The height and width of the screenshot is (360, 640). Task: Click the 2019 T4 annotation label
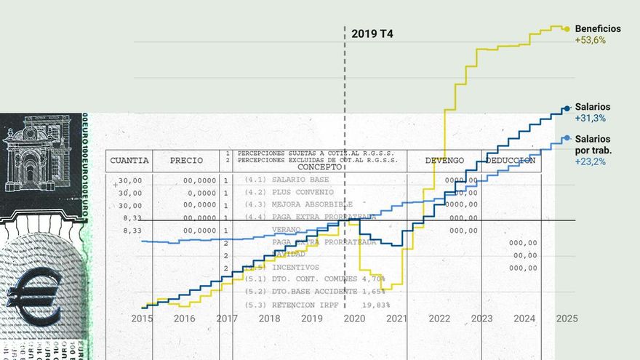pos(372,33)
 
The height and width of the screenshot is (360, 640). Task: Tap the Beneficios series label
pos(598,28)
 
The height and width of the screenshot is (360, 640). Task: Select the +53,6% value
pos(590,40)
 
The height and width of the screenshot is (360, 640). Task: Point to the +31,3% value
pos(590,118)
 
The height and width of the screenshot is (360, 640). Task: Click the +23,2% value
pos(590,161)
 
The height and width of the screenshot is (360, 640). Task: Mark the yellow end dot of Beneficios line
pos(567,29)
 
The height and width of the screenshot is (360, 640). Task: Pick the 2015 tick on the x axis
pos(142,319)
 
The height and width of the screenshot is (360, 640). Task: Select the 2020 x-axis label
pos(354,319)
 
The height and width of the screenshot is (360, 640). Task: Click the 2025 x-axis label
pos(567,319)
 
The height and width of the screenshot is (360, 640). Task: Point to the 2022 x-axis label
pos(439,319)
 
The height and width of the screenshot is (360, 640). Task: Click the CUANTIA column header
pos(129,160)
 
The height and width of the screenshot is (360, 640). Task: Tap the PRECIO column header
pos(187,160)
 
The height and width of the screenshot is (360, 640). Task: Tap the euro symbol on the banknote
pos(33,295)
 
